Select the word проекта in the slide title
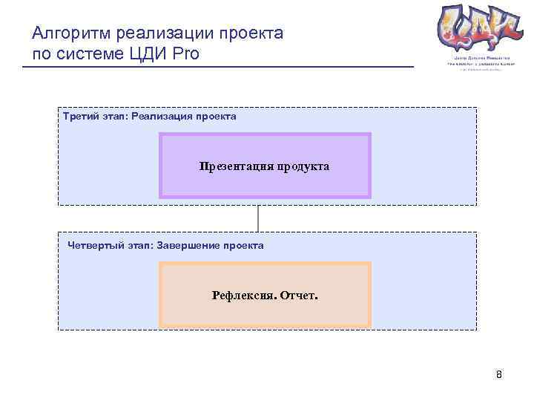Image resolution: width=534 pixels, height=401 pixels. click(249, 33)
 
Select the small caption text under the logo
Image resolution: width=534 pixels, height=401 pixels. click(475, 62)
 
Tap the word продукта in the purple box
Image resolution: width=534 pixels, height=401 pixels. click(303, 166)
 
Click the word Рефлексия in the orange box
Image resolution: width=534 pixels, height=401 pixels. click(243, 295)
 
